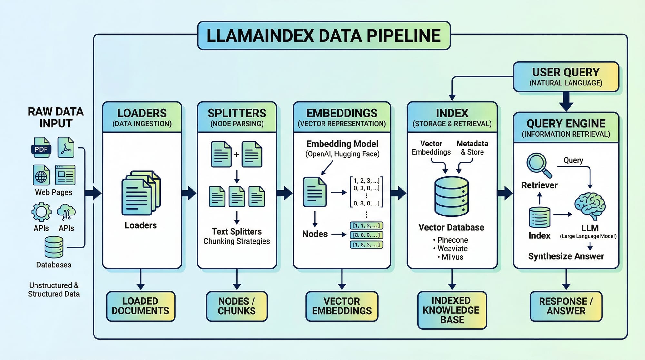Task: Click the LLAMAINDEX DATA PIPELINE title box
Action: coord(323,35)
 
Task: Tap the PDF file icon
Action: coord(41,147)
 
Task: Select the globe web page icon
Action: coord(41,175)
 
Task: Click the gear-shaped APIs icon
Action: coord(41,212)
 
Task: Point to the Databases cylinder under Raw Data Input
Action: coord(54,247)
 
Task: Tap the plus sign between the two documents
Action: coord(236,155)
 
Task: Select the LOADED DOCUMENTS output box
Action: coord(141,306)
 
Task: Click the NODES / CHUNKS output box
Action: coord(237,306)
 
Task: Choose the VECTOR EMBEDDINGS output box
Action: coord(342,306)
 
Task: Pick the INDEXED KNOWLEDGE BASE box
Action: coord(452,310)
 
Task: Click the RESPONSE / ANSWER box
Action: coord(566,306)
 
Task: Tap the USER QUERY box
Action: coord(566,77)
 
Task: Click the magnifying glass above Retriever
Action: coord(538,165)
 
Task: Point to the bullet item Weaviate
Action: coord(452,249)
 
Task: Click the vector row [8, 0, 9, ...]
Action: coord(366,235)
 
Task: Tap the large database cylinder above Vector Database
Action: coord(451,196)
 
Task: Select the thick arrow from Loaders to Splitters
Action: coord(189,193)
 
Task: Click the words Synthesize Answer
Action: coord(566,256)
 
